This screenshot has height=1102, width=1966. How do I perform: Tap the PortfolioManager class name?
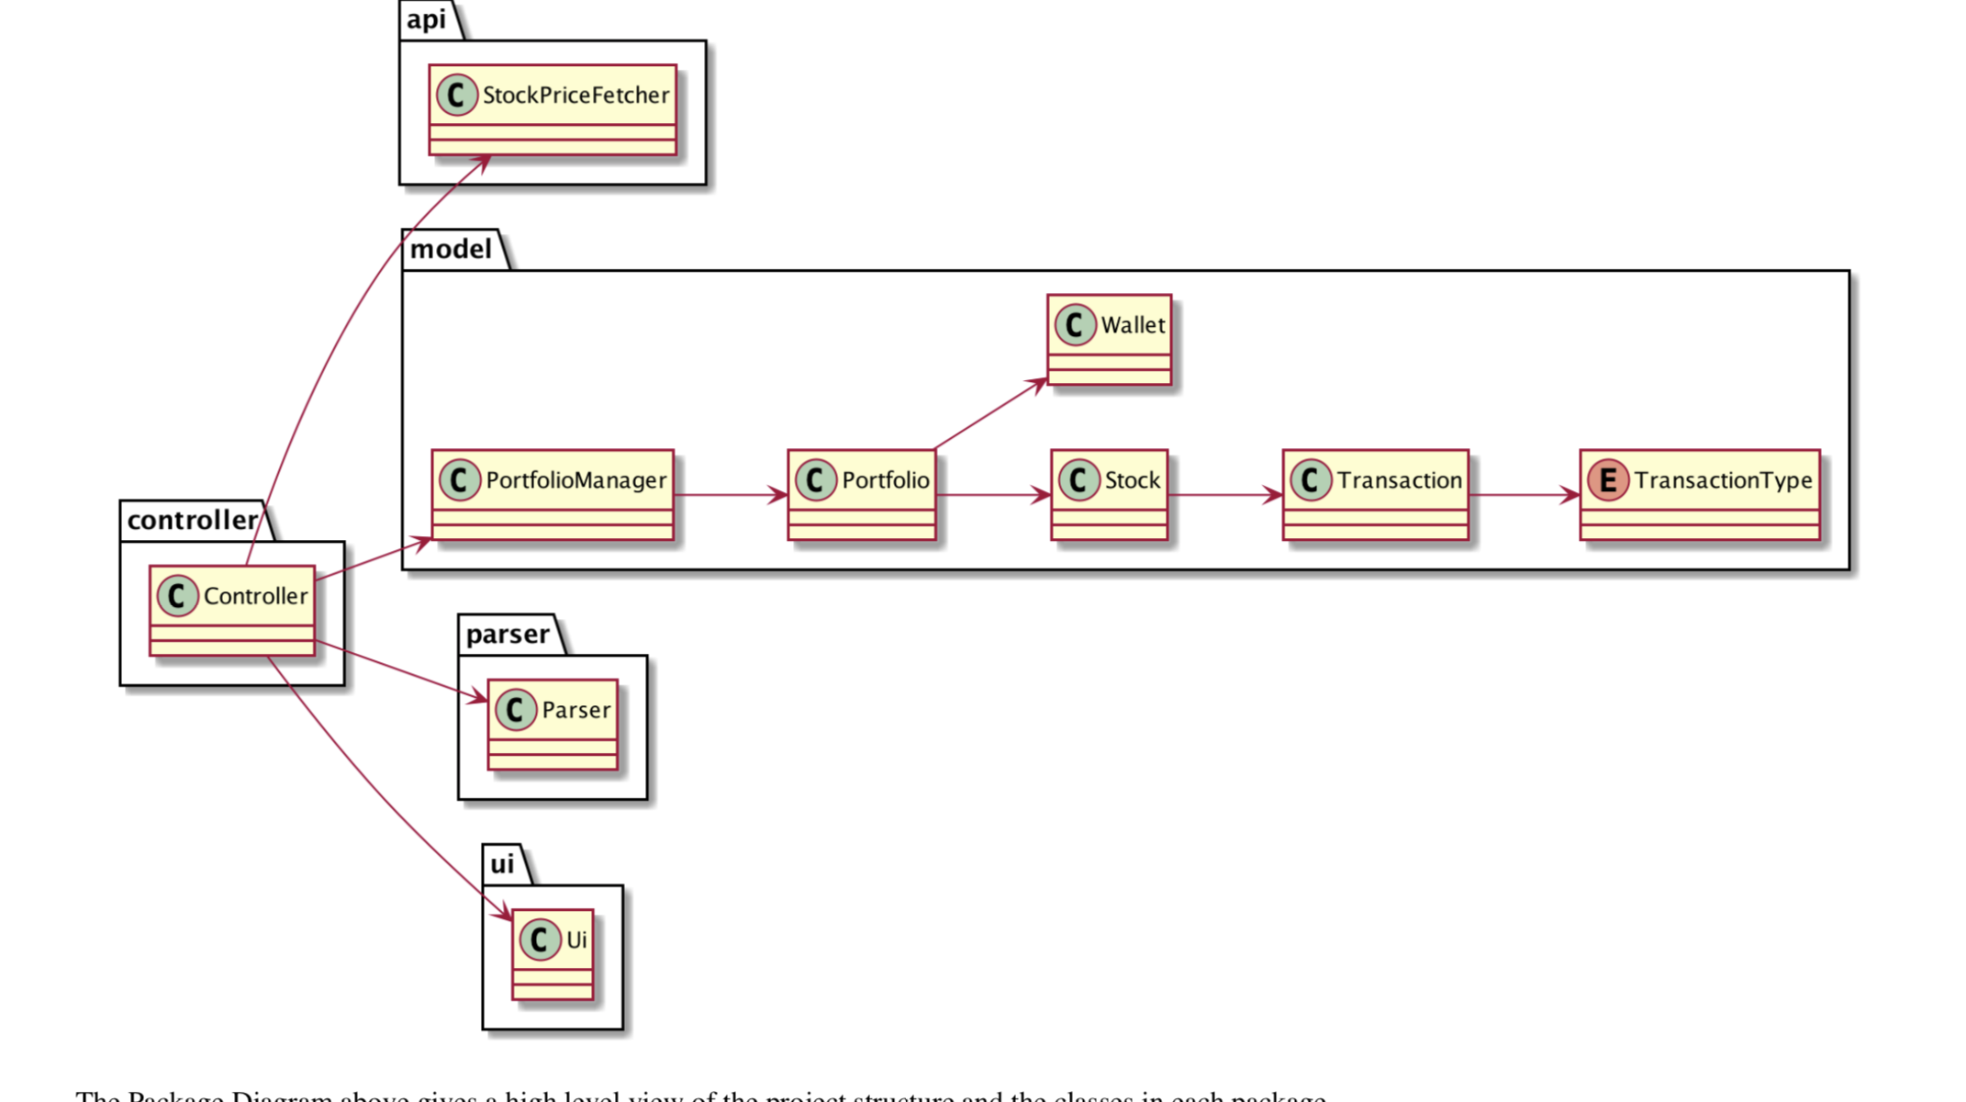(575, 480)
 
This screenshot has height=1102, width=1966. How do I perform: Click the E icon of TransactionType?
(1607, 480)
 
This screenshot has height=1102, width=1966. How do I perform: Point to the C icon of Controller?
(177, 596)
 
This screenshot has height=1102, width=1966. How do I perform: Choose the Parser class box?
(553, 725)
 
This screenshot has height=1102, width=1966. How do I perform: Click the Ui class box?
(553, 954)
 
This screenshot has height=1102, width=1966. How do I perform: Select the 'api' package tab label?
(427, 19)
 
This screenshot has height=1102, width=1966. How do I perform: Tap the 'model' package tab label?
(451, 249)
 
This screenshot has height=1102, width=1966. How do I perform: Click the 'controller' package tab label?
(193, 521)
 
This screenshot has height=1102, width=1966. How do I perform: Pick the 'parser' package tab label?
(508, 635)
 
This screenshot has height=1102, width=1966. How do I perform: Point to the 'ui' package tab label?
(502, 864)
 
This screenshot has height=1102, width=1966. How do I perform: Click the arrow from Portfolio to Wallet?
(989, 414)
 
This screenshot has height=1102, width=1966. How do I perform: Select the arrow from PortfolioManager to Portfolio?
(730, 496)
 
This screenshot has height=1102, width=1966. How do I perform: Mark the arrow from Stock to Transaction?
(1224, 496)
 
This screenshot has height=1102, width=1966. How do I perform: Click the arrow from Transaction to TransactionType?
(1524, 496)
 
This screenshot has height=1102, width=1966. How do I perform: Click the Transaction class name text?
(1399, 480)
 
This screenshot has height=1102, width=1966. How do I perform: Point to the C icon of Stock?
(1078, 480)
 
